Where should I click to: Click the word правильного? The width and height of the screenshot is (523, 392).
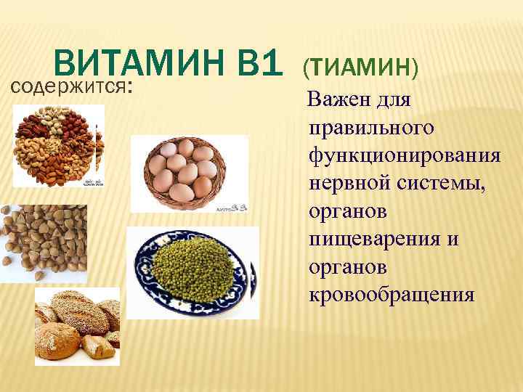(x=371, y=128)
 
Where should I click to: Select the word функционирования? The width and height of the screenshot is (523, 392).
(x=404, y=156)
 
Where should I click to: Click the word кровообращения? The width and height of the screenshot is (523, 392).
(x=392, y=296)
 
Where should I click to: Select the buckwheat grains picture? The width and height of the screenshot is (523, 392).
(x=44, y=243)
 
